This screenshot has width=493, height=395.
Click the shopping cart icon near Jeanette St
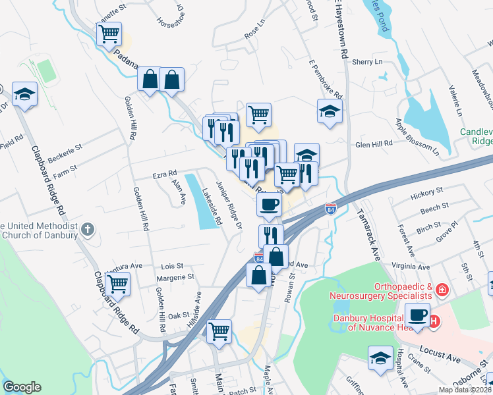point(109,33)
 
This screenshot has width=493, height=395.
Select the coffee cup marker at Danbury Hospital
point(417,314)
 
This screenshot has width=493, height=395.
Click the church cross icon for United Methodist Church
point(88,230)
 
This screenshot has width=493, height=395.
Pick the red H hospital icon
point(434,321)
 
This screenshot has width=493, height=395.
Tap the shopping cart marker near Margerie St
point(117,284)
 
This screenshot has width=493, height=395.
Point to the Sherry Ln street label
point(367,61)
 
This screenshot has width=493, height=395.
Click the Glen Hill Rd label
point(374,143)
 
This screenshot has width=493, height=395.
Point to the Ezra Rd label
point(165,174)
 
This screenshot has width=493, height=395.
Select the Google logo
point(22,387)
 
